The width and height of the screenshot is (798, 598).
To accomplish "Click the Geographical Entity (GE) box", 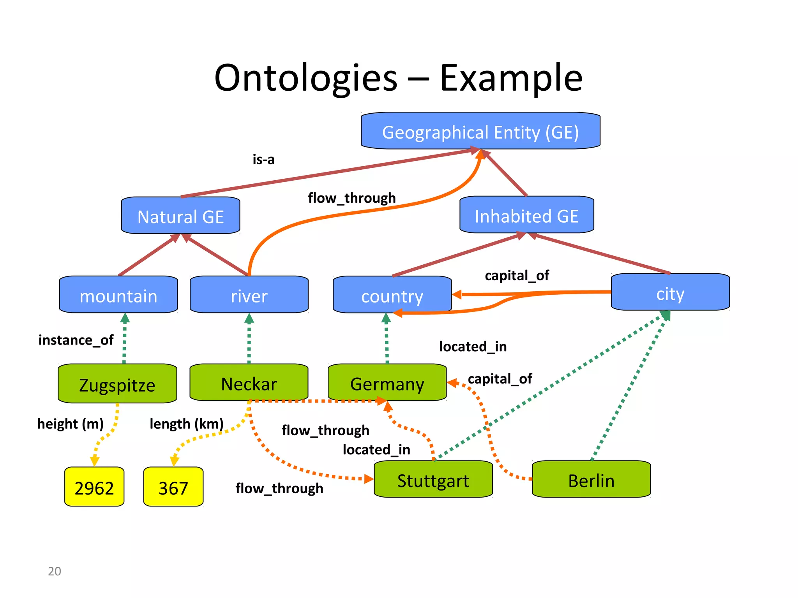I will coord(480,131).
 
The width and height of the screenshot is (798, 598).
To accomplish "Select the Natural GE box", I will coord(180,216).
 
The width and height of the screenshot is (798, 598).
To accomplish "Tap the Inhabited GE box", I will coord(526,215).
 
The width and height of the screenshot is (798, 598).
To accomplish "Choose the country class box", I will coord(392,295).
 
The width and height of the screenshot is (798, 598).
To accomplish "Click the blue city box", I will coord(670,292).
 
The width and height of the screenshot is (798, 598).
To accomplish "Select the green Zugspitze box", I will coord(117,384).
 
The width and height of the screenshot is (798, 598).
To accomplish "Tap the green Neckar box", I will coord(249,383).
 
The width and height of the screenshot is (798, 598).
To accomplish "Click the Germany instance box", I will coord(387,383).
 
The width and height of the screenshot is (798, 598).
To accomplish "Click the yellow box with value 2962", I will coord(94,487).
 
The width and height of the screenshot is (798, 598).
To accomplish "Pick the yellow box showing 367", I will coord(173,487).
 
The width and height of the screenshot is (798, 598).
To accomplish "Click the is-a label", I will coord(263,159).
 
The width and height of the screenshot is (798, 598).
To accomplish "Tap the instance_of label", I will coord(76,340).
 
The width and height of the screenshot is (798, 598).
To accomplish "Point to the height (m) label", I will coord(70,423).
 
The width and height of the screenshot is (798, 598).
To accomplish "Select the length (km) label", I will coord(186,423).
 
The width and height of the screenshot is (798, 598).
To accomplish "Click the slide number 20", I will coord(54,571).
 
